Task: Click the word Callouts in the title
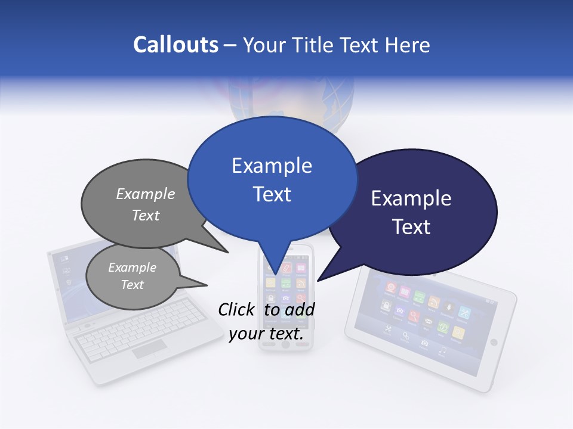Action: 175,45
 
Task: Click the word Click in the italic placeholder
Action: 238,310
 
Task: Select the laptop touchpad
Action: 149,350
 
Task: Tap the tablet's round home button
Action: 493,342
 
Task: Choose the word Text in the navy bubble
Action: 411,227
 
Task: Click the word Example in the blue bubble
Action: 272,166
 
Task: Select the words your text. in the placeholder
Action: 266,334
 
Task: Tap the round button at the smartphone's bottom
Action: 285,344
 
